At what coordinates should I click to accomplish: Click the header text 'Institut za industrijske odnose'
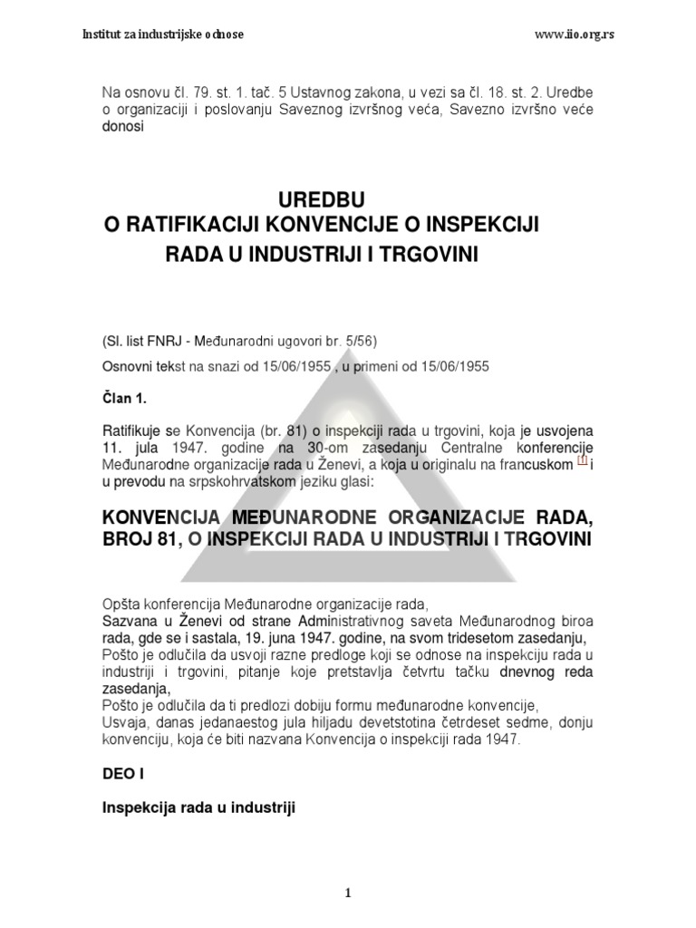pyautogui.click(x=162, y=34)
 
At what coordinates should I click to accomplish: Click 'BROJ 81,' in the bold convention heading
pyautogui.click(x=139, y=540)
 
